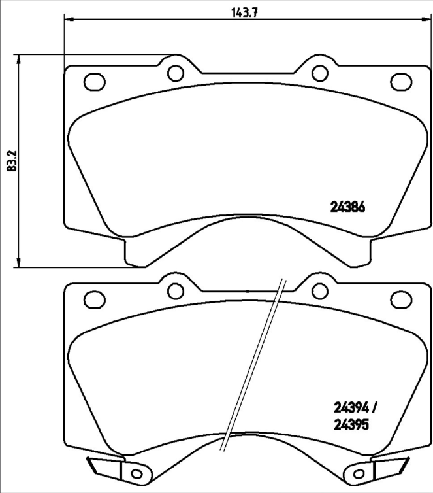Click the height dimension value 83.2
[x=11, y=160]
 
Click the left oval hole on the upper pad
[x=95, y=82]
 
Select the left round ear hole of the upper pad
[x=174, y=72]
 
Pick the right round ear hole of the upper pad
[x=318, y=72]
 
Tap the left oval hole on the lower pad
[x=95, y=299]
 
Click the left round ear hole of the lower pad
[x=174, y=290]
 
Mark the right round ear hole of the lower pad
[x=318, y=290]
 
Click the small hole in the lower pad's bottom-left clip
[x=136, y=473]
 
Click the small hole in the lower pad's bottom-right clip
[x=359, y=473]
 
